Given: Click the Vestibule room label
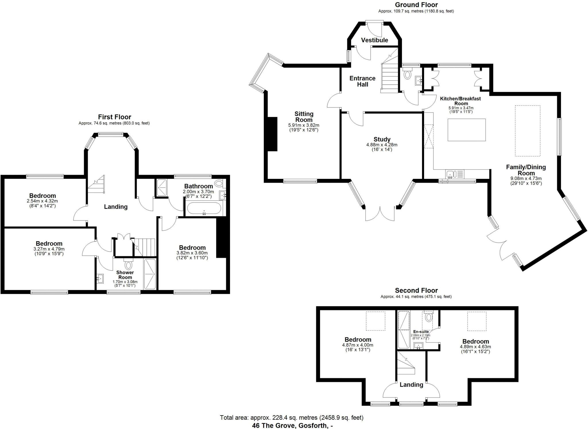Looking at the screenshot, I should [x=374, y=40].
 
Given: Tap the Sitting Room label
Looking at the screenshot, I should [x=304, y=117].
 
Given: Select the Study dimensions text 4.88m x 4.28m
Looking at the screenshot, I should [x=382, y=145].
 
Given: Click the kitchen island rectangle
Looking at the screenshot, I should [x=467, y=130].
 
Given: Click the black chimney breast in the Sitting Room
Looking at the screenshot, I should [x=272, y=134].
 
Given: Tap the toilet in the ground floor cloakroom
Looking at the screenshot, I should [x=407, y=75].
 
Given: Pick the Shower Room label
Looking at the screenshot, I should [x=125, y=275].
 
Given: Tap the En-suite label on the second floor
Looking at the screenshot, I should [x=421, y=332].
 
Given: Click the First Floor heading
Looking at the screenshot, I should [x=114, y=117].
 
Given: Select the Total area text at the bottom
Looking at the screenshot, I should [x=291, y=418].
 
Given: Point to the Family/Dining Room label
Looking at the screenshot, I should [x=526, y=170].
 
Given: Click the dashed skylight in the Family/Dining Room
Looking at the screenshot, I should [x=527, y=131].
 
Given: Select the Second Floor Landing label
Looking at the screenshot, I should [x=411, y=385].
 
